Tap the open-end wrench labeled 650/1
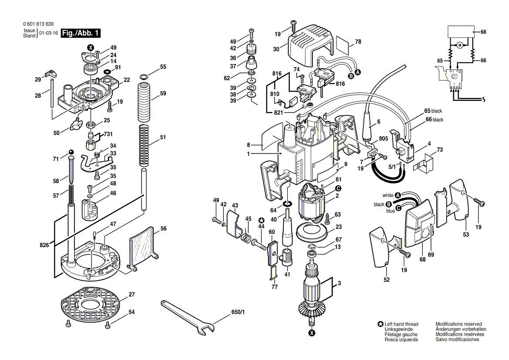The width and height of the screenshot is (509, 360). [188, 317]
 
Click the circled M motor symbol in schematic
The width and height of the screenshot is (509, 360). [459, 45]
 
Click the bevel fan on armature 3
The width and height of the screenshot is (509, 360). [311, 311]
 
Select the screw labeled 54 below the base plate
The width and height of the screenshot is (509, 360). [108, 324]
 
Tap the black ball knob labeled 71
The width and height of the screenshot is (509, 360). [71, 152]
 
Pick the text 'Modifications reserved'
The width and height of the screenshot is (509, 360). [458, 324]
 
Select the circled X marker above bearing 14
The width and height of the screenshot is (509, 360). [91, 48]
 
